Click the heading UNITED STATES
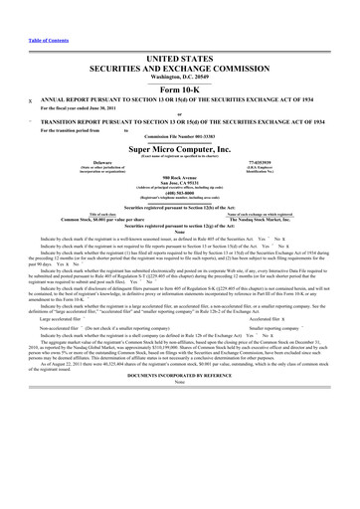[180, 60]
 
